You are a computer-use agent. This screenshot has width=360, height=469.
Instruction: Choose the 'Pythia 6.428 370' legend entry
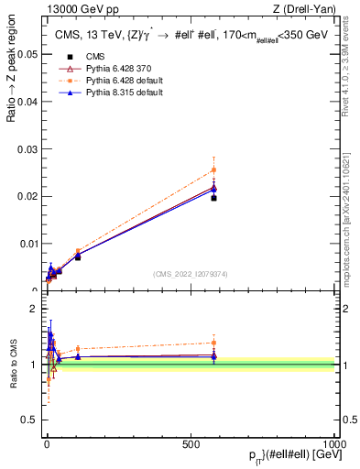pyautogui.click(x=107, y=68)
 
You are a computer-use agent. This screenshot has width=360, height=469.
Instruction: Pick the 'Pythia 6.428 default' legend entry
pyautogui.click(x=113, y=81)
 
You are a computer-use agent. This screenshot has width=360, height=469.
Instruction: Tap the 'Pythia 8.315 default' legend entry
pyautogui.click(x=113, y=93)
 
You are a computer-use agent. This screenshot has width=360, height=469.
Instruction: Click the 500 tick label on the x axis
pyautogui.click(x=191, y=443)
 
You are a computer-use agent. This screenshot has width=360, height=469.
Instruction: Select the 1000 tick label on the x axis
pyautogui.click(x=335, y=443)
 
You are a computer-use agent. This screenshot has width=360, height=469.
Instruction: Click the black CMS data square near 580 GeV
pyautogui.click(x=213, y=198)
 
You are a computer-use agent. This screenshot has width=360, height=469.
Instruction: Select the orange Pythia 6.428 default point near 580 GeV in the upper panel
pyautogui.click(x=213, y=169)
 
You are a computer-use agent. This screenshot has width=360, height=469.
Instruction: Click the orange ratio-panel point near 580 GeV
pyautogui.click(x=213, y=343)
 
